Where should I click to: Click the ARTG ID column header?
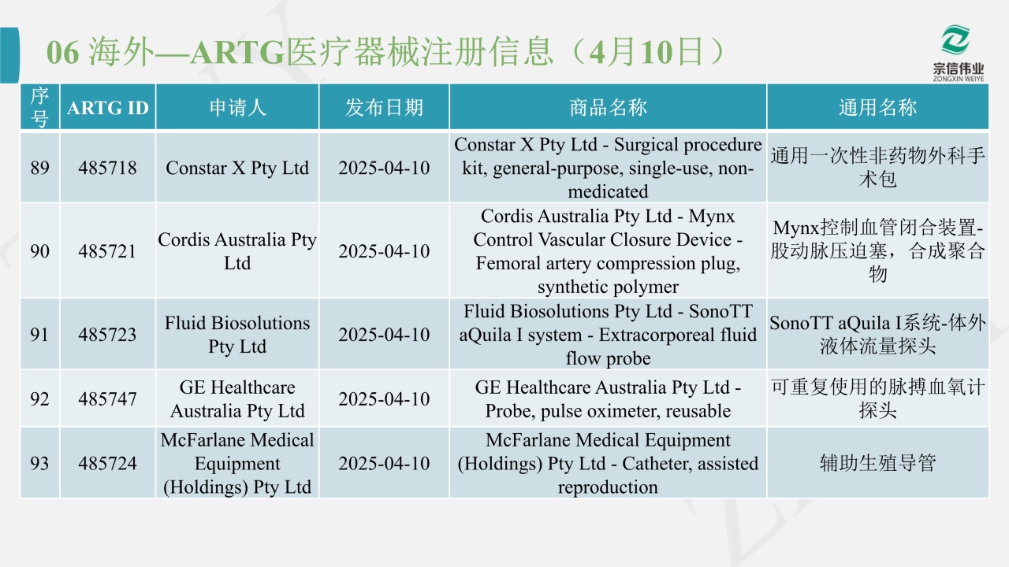click(108, 108)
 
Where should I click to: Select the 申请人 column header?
click(237, 108)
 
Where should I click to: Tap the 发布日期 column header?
click(384, 108)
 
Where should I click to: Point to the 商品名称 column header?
click(608, 108)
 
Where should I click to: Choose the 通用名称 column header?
click(877, 108)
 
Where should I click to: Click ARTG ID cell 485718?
click(107, 168)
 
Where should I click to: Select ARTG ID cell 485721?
click(107, 251)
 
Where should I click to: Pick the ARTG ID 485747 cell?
click(107, 398)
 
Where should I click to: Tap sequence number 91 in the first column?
click(39, 335)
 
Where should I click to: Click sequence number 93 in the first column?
click(39, 463)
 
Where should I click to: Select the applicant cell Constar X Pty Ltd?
click(237, 168)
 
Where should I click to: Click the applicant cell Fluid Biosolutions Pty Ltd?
click(237, 335)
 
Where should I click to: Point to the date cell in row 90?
click(384, 251)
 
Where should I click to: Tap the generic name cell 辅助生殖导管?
click(877, 463)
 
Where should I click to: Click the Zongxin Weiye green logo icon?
click(955, 40)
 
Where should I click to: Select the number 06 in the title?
click(62, 53)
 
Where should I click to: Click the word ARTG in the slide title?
click(237, 53)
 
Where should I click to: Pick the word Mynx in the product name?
click(712, 217)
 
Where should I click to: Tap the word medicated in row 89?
click(608, 191)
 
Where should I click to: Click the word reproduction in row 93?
click(608, 487)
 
